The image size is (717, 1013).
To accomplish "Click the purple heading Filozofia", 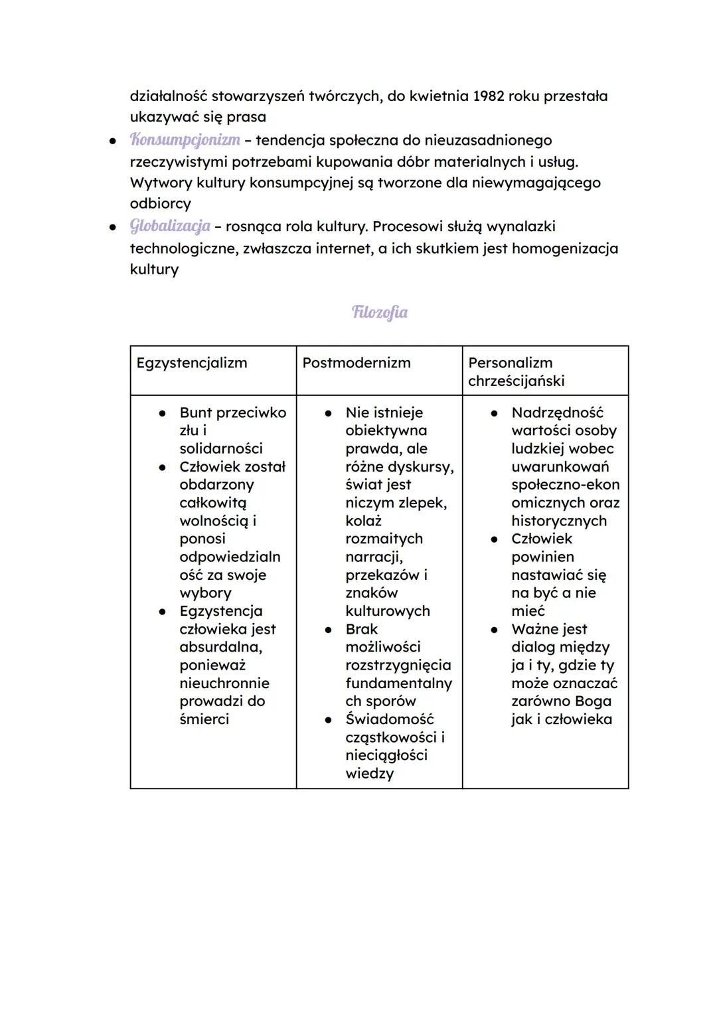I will pos(379,312).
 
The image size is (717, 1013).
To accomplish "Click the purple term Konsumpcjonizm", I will pos(185,140).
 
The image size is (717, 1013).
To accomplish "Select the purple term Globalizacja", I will pos(170,227).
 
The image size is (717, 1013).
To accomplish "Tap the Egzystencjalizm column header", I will pos(192,363).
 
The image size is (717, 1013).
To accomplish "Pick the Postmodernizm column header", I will pos(357,363).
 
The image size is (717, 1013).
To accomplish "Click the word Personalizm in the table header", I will pos(510,363).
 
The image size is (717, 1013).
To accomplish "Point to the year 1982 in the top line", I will pos(488,96).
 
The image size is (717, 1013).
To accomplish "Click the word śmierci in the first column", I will pos(204,719).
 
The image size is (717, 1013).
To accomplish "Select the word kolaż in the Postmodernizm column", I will pos(363,521).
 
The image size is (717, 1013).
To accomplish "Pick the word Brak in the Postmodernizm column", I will pos(362,629).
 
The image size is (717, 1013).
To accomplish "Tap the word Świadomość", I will pos(390,719).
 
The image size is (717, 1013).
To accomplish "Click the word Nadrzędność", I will pos(558,413).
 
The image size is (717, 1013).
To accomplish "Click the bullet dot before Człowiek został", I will pos(162,467).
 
